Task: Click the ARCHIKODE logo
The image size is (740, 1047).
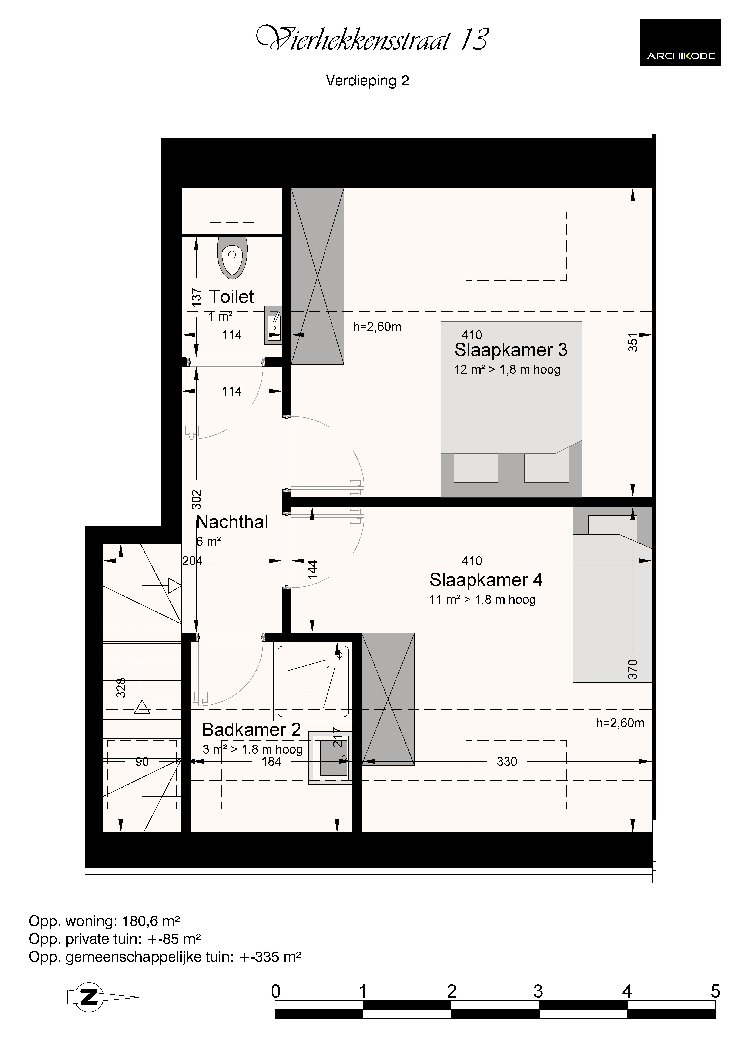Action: tap(680, 42)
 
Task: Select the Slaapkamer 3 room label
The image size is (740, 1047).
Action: tap(511, 350)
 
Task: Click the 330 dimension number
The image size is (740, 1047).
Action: tap(507, 762)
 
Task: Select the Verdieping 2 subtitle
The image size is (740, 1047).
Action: tap(368, 81)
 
